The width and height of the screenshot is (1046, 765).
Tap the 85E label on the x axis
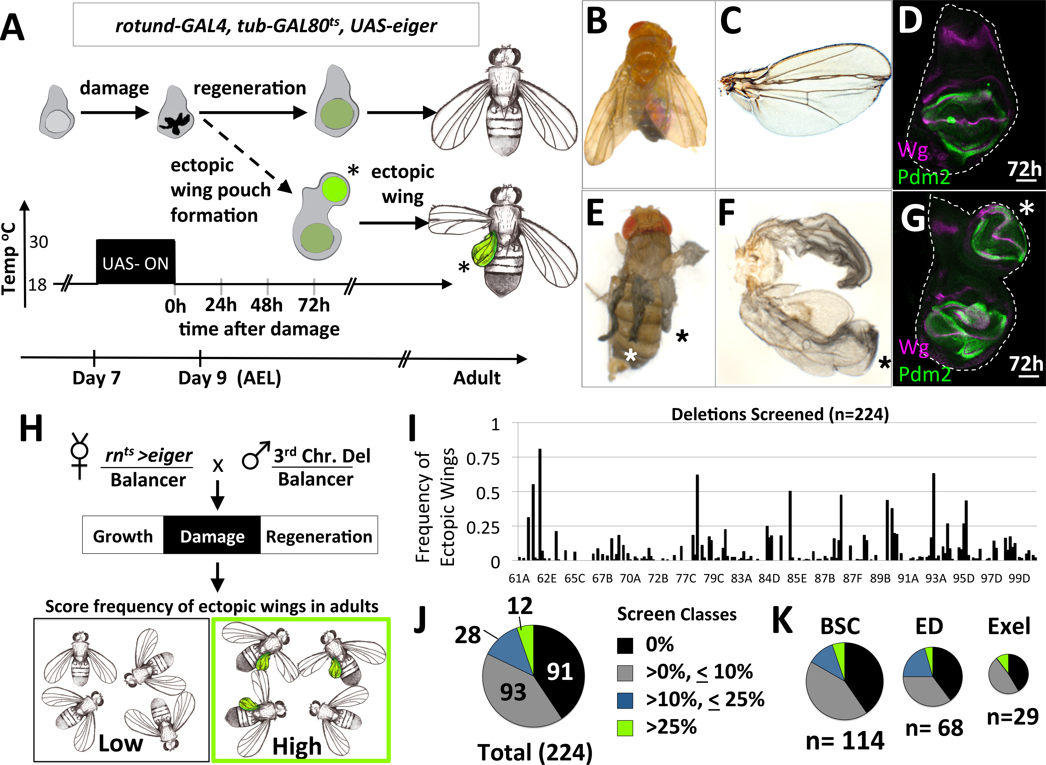pyautogui.click(x=797, y=578)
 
